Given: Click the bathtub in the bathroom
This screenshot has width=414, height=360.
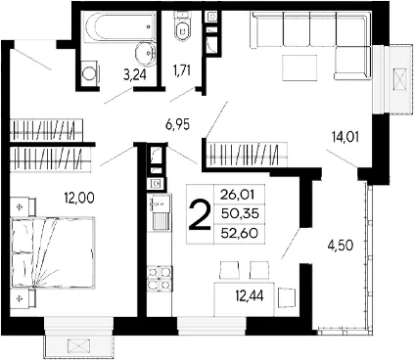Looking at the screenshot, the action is point(119,26).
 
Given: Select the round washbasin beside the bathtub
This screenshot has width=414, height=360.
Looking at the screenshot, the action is point(145,52).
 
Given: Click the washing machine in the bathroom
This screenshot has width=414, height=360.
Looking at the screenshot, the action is point(90,73).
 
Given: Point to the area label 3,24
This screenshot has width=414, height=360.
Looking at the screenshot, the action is point(134,75).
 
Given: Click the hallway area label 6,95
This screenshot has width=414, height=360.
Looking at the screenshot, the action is point(177,124).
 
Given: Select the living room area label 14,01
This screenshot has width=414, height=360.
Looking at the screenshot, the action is point(345,137).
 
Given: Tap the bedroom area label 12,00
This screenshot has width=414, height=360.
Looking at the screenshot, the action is point(79,198).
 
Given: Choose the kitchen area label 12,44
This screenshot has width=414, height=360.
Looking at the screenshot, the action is point(250,296).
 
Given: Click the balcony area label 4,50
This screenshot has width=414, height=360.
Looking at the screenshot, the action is point(341,246).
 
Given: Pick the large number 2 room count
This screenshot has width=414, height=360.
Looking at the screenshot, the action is point(199,214).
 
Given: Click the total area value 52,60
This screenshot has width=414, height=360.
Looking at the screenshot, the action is point(240,233).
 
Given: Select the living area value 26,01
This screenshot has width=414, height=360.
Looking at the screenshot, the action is point(237,195).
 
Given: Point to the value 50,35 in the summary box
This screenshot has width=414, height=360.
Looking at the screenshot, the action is point(240,214).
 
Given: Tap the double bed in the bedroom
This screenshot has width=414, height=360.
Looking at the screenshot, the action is point(53,252).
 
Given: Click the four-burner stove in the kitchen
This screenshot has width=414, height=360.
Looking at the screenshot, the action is point(160,278).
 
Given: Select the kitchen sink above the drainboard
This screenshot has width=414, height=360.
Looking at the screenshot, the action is point(160,203).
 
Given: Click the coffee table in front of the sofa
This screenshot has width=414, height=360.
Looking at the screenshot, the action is point(299,68).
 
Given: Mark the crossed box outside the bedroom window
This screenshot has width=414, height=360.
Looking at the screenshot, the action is point(79,347).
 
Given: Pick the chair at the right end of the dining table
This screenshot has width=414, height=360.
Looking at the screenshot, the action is point(287,297).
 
